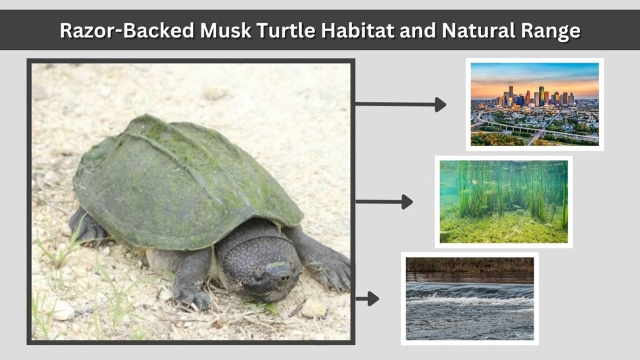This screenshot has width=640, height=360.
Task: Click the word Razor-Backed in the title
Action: point(127,31)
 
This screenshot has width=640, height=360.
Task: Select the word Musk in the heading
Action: point(225,31)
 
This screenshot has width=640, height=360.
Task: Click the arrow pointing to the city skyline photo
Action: point(401,104)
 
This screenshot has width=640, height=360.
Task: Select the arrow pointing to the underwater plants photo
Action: point(384,202)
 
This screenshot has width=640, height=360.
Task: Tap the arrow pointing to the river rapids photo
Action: point(367,299)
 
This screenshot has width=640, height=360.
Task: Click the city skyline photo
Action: point(535,104)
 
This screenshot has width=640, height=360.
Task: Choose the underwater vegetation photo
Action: point(504,202)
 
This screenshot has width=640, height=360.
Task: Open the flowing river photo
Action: point(470,299)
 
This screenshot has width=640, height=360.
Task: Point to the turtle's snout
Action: point(279,271)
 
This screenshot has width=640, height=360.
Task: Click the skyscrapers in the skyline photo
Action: point(536,96)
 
